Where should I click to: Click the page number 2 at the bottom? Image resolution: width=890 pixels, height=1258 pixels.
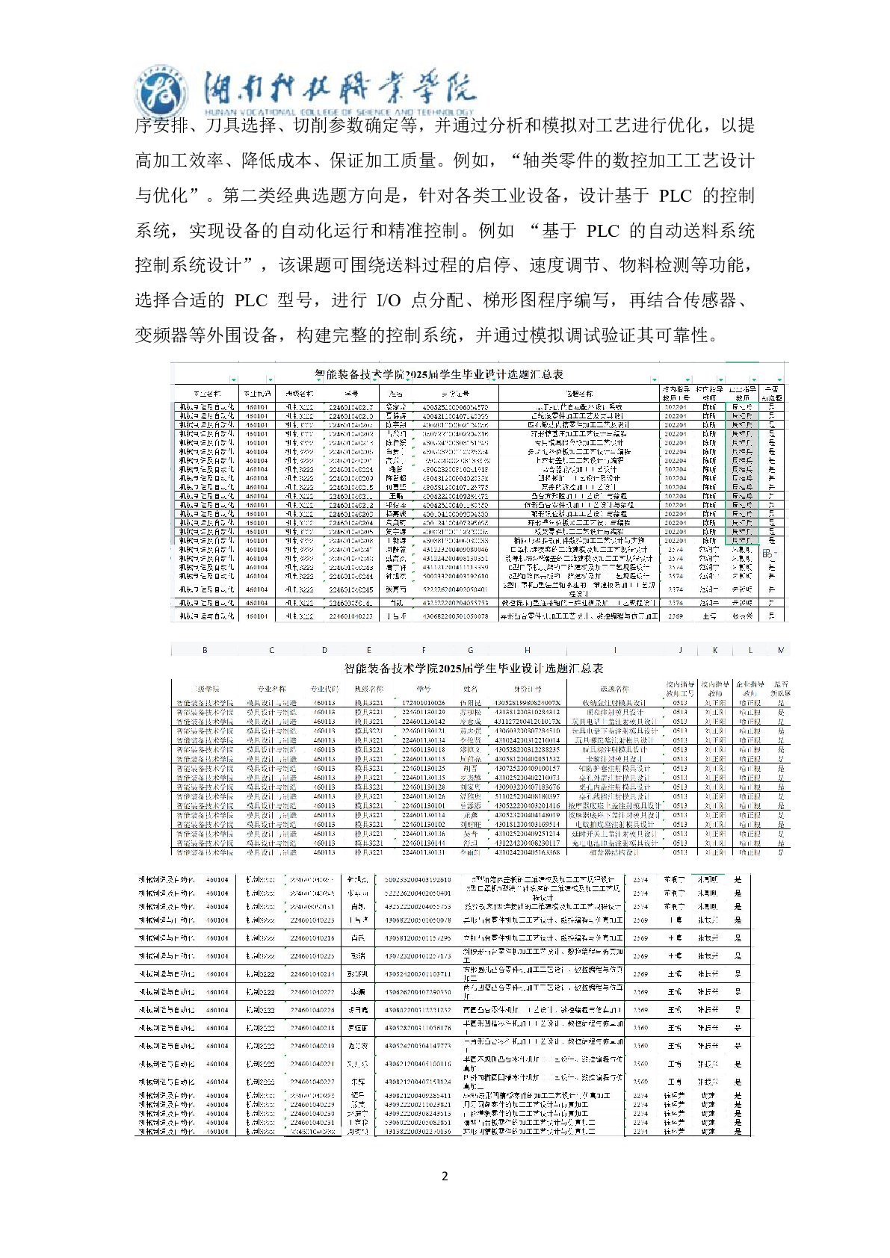(445, 1176)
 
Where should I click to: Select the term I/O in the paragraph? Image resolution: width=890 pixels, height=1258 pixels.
(389, 300)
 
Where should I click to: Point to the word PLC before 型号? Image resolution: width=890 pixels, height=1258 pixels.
(250, 300)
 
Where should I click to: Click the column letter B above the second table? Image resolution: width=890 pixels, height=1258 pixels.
(205, 650)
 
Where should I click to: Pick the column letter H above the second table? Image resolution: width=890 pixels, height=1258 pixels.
(528, 650)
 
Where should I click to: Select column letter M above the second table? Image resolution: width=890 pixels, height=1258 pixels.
(781, 650)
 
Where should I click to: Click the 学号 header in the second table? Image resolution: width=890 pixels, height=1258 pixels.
(424, 689)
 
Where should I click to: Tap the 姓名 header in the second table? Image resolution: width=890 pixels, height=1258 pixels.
(470, 689)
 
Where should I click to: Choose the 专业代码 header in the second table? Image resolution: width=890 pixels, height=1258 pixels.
(324, 689)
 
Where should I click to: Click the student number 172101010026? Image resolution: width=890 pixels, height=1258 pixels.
(424, 703)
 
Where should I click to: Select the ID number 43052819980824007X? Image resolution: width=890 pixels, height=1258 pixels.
(528, 703)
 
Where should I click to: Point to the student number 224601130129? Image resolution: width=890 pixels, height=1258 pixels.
(424, 713)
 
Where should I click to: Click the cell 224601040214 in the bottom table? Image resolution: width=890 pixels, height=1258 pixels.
(312, 974)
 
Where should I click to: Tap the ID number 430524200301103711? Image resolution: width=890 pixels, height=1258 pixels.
(418, 974)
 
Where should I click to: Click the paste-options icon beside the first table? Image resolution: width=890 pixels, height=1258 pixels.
(767, 554)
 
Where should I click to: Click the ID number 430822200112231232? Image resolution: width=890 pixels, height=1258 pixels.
(418, 1010)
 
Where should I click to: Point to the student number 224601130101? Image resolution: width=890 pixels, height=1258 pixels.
(424, 806)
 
